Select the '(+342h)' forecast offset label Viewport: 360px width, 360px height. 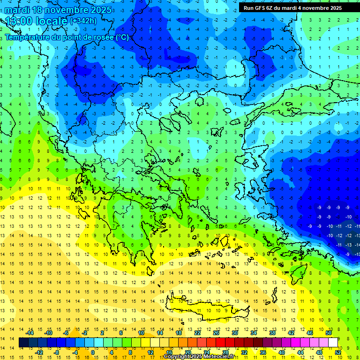[x=83, y=21]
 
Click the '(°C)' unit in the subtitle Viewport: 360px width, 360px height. [x=122, y=37]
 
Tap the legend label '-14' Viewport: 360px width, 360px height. [x=30, y=332]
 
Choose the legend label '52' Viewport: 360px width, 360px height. [x=338, y=352]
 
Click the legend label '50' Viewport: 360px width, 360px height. [x=329, y=332]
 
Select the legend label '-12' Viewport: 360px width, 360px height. [x=39, y=352]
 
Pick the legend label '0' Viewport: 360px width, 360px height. [x=93, y=352]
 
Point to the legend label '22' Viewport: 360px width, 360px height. [x=197, y=332]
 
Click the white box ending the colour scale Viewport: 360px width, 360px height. [x=333, y=343]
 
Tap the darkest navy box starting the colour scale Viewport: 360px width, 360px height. [x=23, y=343]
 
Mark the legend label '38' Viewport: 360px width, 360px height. [x=272, y=332]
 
